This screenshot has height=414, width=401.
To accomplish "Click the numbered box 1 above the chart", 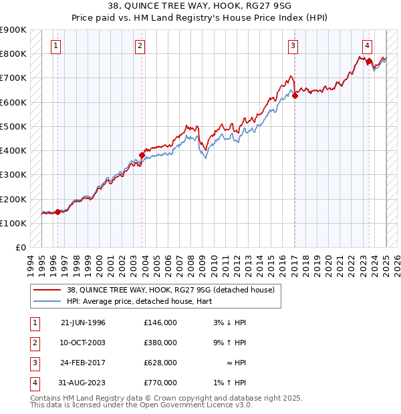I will [x=55, y=46].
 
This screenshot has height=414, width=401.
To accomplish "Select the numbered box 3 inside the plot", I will [x=293, y=46].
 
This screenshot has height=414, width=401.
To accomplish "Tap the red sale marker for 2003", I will [x=142, y=156].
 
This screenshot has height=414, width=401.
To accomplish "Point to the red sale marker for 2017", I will [x=295, y=95].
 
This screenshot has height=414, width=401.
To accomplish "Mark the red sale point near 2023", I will [x=369, y=61].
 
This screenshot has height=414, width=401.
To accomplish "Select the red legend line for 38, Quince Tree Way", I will [x=47, y=290].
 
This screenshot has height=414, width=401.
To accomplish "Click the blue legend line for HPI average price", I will [x=47, y=301].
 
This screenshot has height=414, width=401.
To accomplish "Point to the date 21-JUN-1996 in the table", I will [x=83, y=323].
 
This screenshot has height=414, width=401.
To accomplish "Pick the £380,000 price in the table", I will [x=160, y=343].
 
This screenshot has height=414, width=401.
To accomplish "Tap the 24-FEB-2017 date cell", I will [x=83, y=363].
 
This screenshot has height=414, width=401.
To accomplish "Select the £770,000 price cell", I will [x=160, y=383].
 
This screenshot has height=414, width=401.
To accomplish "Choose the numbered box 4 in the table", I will [x=33, y=383].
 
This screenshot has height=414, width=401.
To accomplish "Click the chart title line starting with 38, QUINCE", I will [x=200, y=5].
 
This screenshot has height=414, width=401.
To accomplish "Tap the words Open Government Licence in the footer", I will [x=184, y=405].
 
